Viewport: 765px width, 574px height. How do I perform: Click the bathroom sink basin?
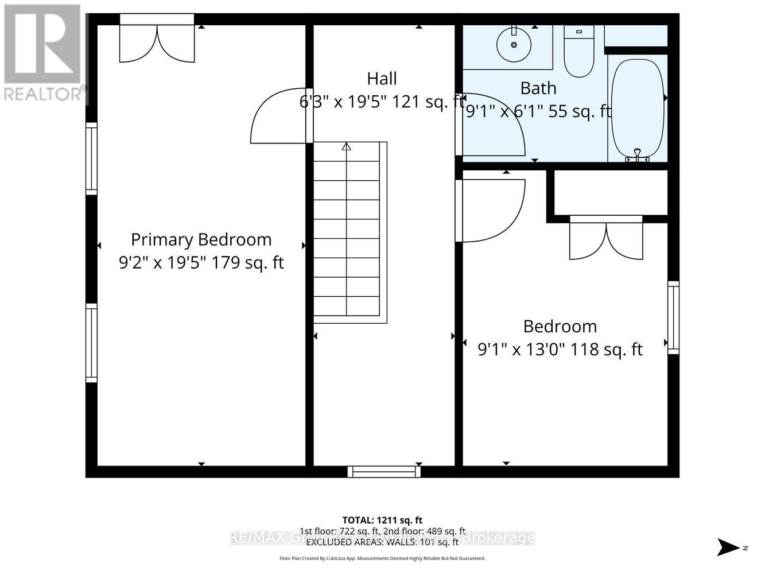pyautogui.click(x=514, y=44)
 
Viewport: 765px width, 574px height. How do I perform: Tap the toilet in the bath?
pyautogui.click(x=578, y=53)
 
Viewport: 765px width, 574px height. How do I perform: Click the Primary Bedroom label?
pyautogui.click(x=201, y=239)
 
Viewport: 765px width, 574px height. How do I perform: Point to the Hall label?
pyautogui.click(x=382, y=78)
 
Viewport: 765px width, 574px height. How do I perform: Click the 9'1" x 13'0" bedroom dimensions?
pyautogui.click(x=560, y=349)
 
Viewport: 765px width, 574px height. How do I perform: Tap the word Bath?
pyautogui.click(x=538, y=88)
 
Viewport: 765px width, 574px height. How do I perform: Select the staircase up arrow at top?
pyautogui.click(x=346, y=147)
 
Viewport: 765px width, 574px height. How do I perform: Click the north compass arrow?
pyautogui.click(x=729, y=546)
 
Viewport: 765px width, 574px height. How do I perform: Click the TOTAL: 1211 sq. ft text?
pyautogui.click(x=382, y=520)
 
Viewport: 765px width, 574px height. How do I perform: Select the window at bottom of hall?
pyautogui.click(x=384, y=472)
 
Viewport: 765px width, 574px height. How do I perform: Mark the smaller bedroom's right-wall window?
pyautogui.click(x=673, y=317)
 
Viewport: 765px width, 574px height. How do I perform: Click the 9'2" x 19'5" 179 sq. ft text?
pyautogui.click(x=201, y=262)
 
